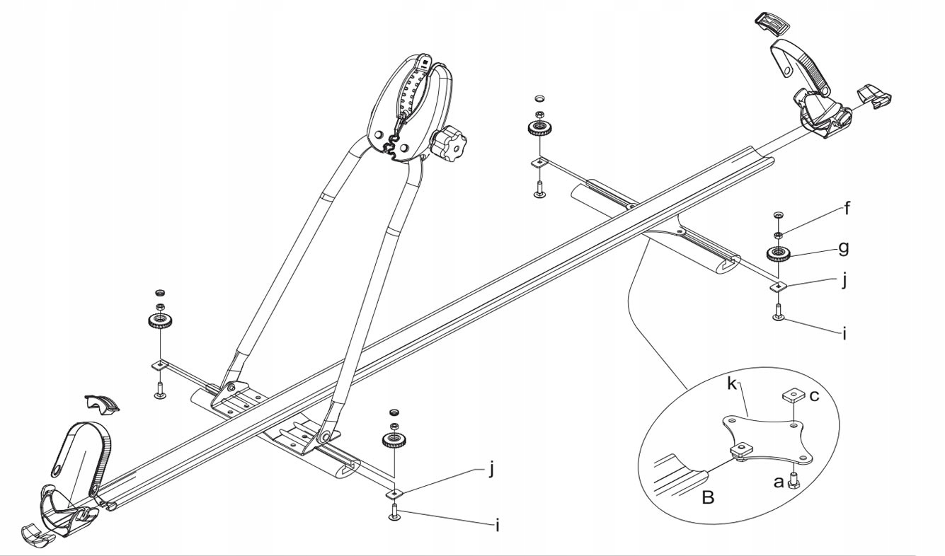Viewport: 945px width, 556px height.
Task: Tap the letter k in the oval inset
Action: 733,386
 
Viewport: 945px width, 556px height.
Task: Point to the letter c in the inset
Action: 814,396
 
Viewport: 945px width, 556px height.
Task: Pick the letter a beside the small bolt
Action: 778,482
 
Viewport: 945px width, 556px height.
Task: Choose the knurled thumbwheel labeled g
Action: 778,253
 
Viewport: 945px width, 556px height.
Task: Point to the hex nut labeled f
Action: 778,234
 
